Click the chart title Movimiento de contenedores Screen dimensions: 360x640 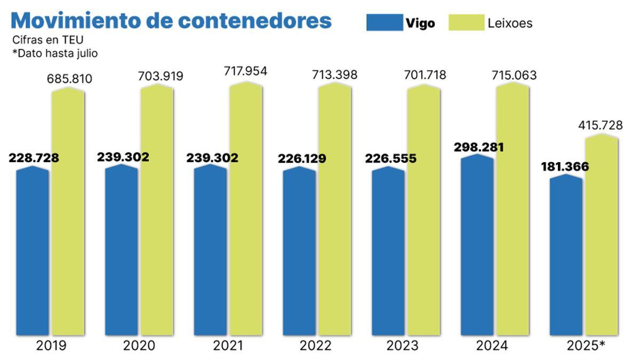(171, 21)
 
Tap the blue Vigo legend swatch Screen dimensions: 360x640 (384, 22)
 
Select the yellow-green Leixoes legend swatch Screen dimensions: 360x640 (466, 22)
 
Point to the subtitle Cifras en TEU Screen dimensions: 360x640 (48, 40)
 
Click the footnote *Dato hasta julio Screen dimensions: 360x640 (55, 53)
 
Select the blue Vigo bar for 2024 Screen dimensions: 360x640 (477, 245)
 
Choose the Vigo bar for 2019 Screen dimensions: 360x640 (33, 251)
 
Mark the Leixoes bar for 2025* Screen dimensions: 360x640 (602, 235)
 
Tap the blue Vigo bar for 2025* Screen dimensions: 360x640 (566, 256)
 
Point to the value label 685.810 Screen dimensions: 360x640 (68, 79)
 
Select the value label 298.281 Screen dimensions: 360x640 (478, 147)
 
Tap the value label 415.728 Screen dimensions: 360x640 (601, 125)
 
